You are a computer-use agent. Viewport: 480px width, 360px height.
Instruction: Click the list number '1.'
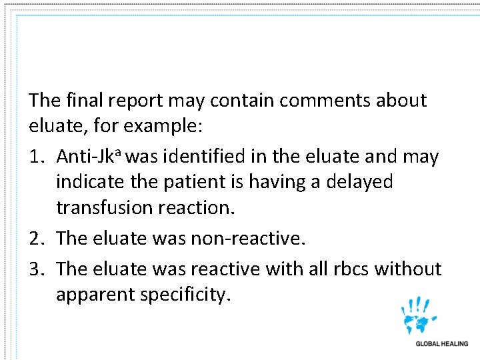[38, 157]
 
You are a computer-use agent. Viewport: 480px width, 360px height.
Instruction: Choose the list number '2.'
[38, 237]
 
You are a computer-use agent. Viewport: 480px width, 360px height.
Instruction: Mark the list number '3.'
[38, 269]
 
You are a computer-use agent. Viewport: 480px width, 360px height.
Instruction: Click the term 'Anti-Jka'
[89, 157]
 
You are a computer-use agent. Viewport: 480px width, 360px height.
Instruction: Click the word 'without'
[407, 269]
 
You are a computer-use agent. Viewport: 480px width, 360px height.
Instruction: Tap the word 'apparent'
[94, 294]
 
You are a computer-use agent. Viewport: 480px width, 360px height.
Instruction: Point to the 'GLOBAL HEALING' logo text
[441, 344]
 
